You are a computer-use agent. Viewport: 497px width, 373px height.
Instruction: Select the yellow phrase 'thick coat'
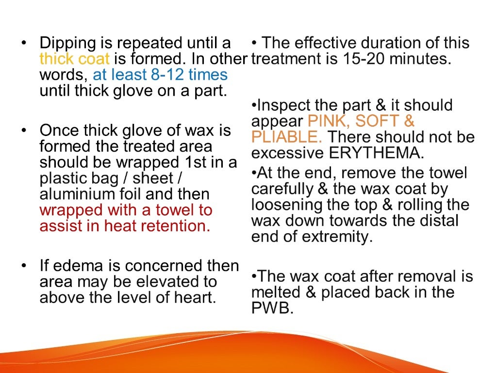pos(75,59)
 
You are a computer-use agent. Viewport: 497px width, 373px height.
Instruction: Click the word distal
pos(437,221)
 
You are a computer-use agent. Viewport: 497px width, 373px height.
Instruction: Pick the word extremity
pos(339,237)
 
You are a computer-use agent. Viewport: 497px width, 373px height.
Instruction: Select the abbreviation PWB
pos(272,308)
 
